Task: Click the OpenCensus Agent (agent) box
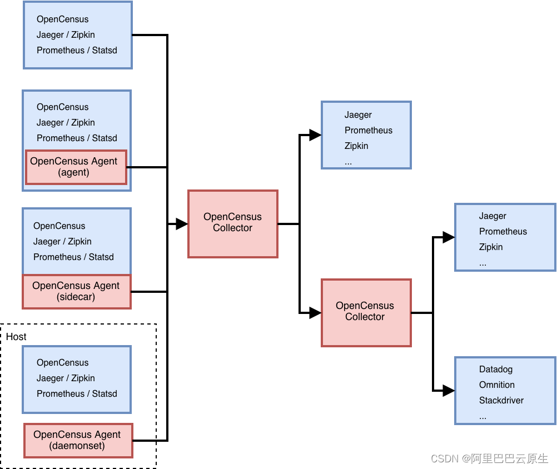(x=76, y=167)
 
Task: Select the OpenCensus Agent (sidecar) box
(x=76, y=291)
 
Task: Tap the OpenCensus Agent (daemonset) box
(x=78, y=440)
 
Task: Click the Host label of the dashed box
(x=16, y=337)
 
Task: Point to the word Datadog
(x=495, y=369)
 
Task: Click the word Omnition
(x=496, y=385)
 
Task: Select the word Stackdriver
(x=501, y=400)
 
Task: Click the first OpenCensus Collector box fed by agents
(x=232, y=223)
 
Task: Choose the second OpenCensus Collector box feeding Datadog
(x=365, y=312)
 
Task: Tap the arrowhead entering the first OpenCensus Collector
(x=181, y=224)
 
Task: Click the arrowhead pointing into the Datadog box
(x=448, y=390)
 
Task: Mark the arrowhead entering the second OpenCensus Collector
(x=315, y=313)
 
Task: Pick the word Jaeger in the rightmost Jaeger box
(x=493, y=216)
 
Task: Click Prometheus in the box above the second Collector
(x=368, y=130)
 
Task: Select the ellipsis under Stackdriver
(x=483, y=416)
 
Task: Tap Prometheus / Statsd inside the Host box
(x=77, y=393)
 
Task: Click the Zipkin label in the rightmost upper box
(x=490, y=247)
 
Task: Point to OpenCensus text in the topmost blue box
(x=62, y=19)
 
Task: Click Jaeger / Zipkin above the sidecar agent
(x=62, y=241)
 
